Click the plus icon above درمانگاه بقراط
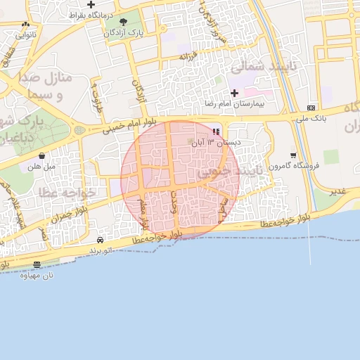click(x=91, y=5)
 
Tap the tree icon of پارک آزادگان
click(x=124, y=22)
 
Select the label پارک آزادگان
click(x=123, y=33)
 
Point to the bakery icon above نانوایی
click(x=26, y=24)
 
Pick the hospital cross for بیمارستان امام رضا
click(x=234, y=93)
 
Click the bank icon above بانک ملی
click(x=311, y=108)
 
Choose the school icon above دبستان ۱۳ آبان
click(x=217, y=131)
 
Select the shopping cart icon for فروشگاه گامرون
click(x=293, y=155)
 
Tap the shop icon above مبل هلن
click(x=41, y=155)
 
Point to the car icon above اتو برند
click(x=101, y=240)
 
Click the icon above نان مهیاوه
click(x=37, y=264)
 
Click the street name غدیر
click(x=338, y=191)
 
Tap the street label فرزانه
click(x=187, y=56)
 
